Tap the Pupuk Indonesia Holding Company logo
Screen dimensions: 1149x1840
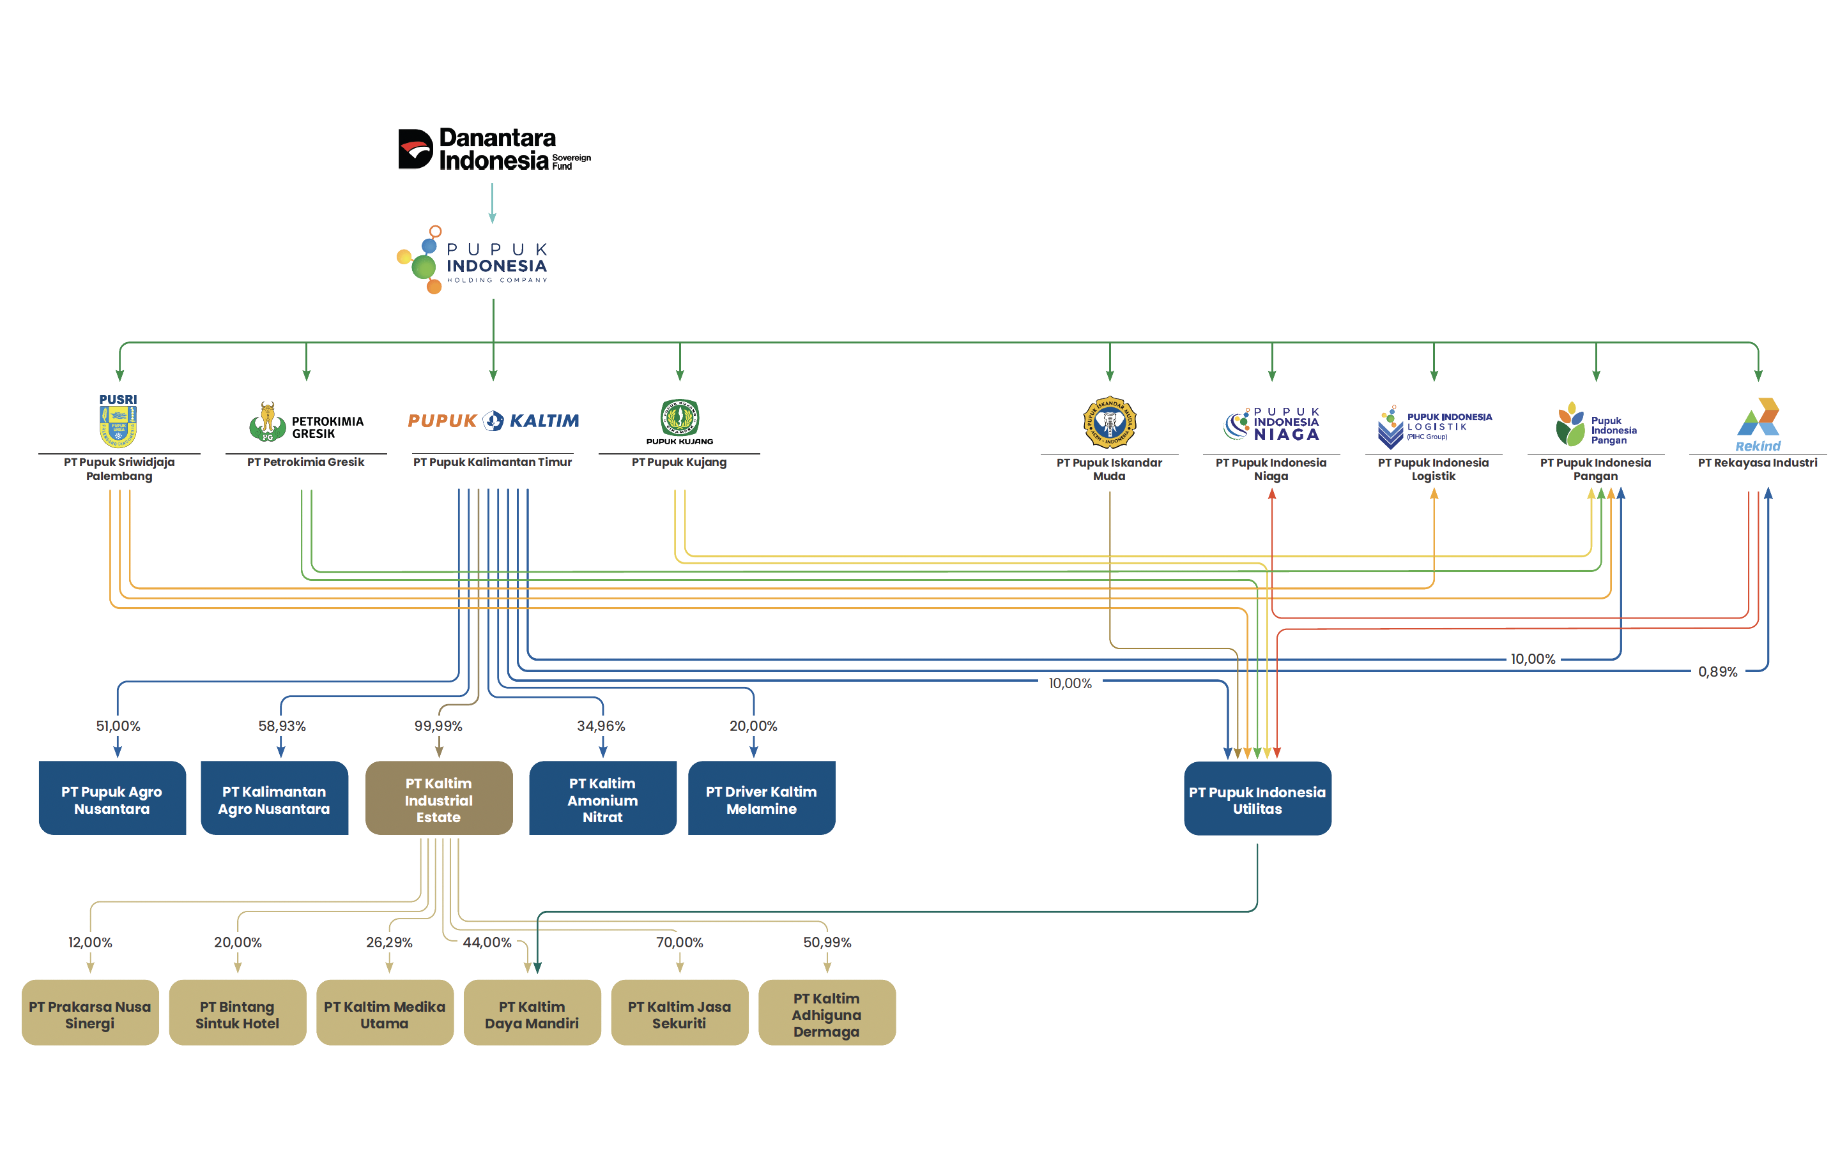click(472, 260)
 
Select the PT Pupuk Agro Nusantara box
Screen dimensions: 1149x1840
click(112, 799)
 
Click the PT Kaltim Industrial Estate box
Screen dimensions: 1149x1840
click(439, 799)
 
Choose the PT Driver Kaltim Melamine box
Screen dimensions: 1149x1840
click(761, 799)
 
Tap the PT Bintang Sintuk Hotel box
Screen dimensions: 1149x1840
click(237, 1013)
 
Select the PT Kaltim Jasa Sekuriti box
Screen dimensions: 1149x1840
click(679, 1013)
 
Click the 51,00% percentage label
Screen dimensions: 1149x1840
click(118, 726)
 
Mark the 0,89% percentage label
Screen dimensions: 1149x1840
click(1717, 672)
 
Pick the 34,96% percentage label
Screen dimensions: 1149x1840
click(601, 726)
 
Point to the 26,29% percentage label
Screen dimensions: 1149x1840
click(388, 942)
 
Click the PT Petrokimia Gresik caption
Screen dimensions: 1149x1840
click(305, 462)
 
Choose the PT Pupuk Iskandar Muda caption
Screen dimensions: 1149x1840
click(1108, 469)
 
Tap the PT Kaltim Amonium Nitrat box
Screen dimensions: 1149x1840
click(602, 799)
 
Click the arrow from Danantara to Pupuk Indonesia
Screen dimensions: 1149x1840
click(492, 203)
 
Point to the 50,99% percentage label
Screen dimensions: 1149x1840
click(827, 942)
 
